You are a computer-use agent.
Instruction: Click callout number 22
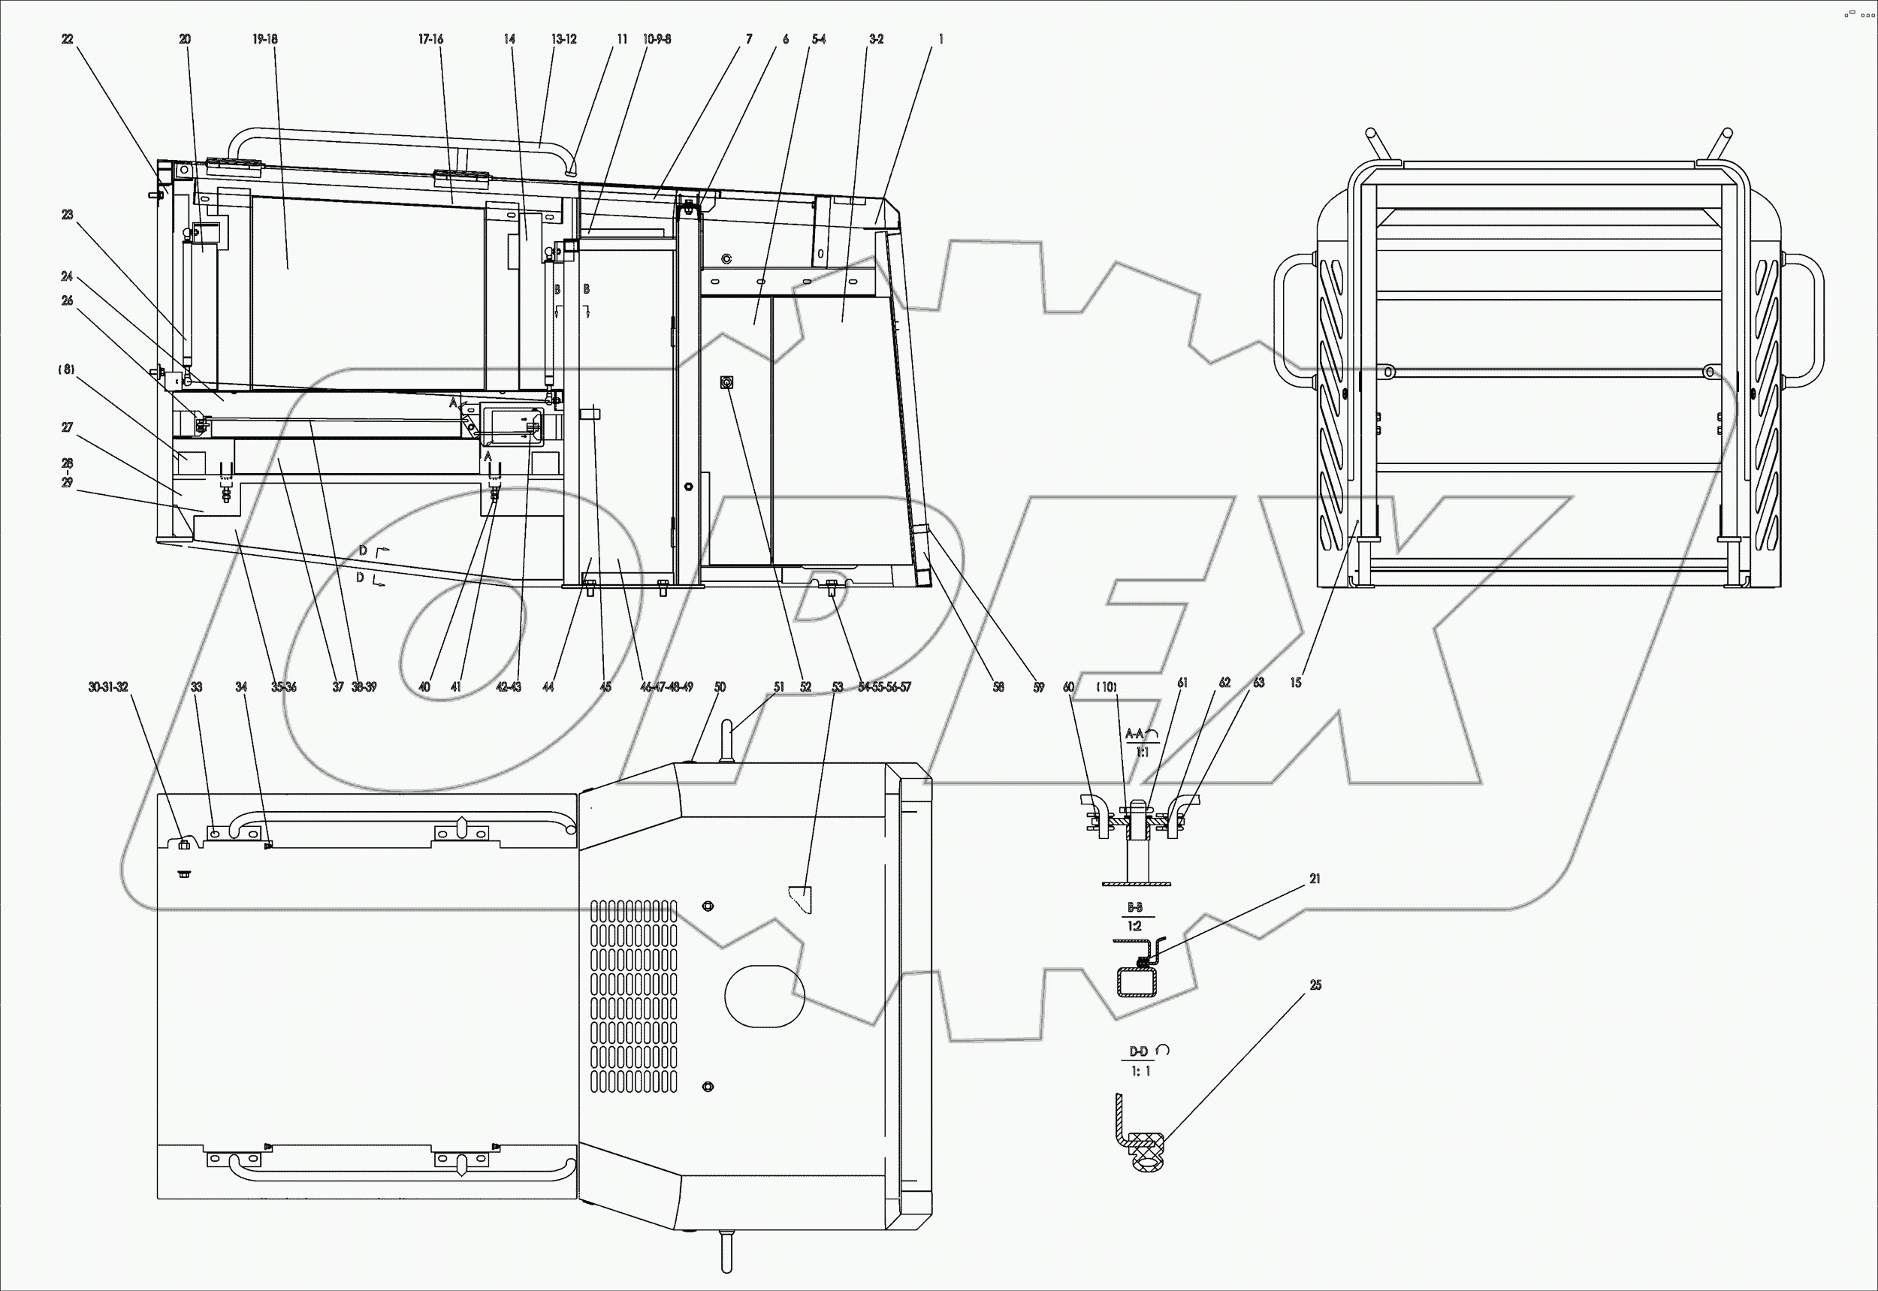[x=67, y=40]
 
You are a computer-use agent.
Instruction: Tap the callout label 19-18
[x=264, y=40]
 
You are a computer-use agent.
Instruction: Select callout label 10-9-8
[x=657, y=40]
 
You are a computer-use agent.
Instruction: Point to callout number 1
[x=941, y=40]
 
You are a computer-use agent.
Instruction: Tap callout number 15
[x=1295, y=683]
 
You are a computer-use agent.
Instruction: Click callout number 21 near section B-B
[x=1315, y=879]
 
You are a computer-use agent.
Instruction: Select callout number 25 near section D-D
[x=1315, y=985]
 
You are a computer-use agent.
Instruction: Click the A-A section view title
[x=1135, y=734]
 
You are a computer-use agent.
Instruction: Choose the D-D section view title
[x=1139, y=1051]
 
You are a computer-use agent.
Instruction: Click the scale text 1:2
[x=1134, y=926]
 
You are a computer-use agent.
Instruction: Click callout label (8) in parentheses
[x=66, y=370]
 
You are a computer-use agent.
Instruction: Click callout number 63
[x=1258, y=683]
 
